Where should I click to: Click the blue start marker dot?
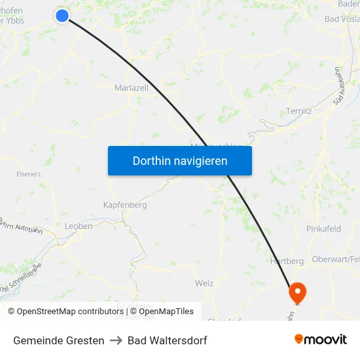[x=62, y=16]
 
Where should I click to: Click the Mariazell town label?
[x=132, y=88]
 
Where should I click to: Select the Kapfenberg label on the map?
[x=125, y=205]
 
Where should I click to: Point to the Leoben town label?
[x=79, y=226]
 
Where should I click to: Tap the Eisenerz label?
[x=29, y=174]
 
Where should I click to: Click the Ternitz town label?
[x=299, y=111]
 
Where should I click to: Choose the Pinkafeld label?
[x=323, y=228]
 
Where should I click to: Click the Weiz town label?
[x=204, y=283]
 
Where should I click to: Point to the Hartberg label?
[x=287, y=261]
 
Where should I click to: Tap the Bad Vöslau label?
[x=342, y=19]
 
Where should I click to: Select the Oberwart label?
[x=334, y=259]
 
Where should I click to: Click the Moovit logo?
[x=321, y=340]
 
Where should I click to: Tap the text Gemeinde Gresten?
[x=58, y=340]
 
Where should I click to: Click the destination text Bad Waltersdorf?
[x=168, y=340]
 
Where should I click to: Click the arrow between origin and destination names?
[x=116, y=340]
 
